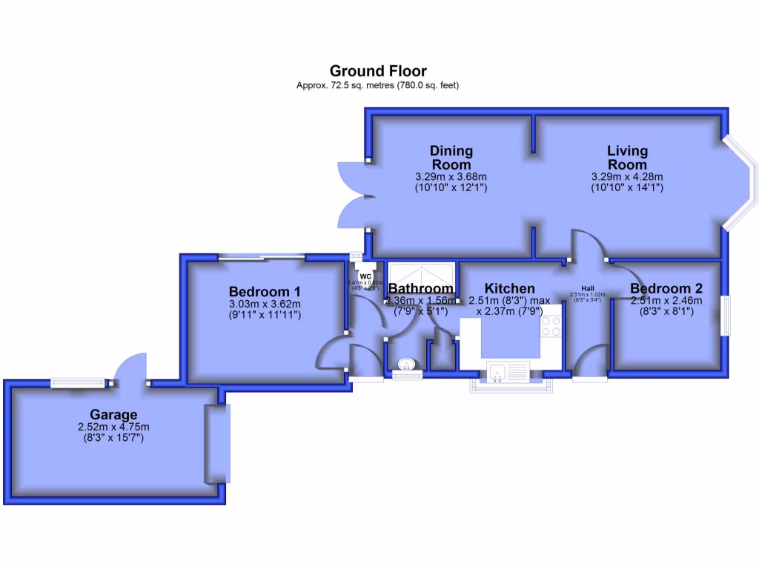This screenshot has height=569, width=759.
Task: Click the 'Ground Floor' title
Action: pos(378,71)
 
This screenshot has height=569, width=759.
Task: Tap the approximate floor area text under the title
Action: pos(378,85)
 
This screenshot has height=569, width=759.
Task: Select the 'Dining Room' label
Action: pos(451,157)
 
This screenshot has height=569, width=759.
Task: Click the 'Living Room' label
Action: pos(627,157)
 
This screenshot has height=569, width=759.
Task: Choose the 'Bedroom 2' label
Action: pos(666,288)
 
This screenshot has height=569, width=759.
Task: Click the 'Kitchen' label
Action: pos(509,288)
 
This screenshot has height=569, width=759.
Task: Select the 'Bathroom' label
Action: pos(420,288)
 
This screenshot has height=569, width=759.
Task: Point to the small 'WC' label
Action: pos(365,276)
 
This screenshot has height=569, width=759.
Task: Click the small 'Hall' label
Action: pos(588,288)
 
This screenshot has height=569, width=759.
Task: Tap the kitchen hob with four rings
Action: pos(550,326)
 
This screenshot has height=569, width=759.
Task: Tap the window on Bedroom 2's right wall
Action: pos(726,315)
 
